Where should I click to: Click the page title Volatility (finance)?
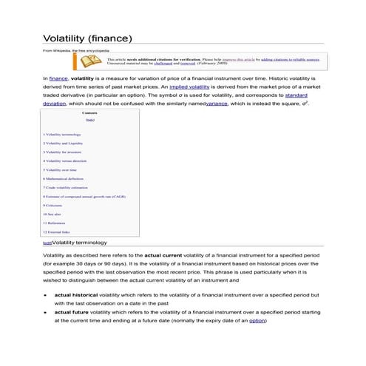[88, 38]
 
